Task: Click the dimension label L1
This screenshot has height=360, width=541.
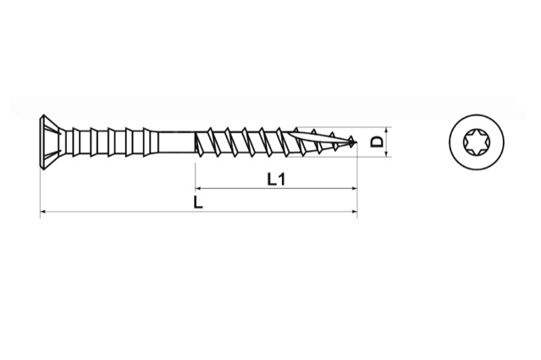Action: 274,179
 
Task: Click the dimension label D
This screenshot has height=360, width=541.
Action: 377,142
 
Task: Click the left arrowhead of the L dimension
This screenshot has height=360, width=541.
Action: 44,212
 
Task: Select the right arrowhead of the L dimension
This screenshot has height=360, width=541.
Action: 352,212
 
